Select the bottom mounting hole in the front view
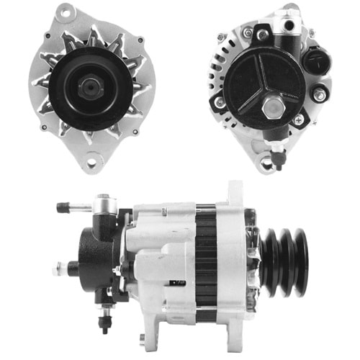click(x=91, y=163)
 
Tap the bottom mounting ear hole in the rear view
click(x=266, y=165)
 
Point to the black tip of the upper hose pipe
click(x=62, y=207)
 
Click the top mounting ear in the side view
click(x=235, y=191)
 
